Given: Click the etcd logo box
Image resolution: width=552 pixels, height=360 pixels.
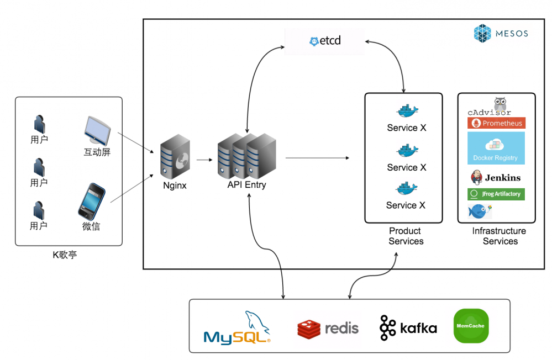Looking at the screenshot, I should click(x=324, y=41).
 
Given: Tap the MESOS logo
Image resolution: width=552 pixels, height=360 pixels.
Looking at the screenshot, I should click(x=501, y=33).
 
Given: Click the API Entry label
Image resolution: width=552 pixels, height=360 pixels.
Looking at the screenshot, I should click(x=246, y=185).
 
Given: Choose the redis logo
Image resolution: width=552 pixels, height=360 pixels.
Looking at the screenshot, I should click(x=328, y=328).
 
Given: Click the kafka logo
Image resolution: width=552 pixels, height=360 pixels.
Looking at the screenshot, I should click(x=408, y=328).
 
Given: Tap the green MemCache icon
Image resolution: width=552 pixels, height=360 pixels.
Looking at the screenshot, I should click(x=471, y=326).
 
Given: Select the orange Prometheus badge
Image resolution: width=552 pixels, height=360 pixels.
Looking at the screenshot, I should click(x=496, y=123).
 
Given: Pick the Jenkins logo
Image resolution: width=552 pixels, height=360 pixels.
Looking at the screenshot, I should click(x=496, y=178).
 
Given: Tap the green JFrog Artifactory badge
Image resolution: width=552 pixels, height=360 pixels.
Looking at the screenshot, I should click(x=496, y=194).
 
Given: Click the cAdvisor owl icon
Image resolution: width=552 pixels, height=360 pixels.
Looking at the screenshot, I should click(x=500, y=104).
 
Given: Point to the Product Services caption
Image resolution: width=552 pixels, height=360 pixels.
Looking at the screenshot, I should click(x=405, y=236).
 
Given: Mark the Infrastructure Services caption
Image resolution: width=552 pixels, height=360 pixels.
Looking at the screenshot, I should click(x=499, y=236).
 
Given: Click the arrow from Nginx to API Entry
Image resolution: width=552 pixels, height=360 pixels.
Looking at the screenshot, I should click(x=204, y=160).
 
